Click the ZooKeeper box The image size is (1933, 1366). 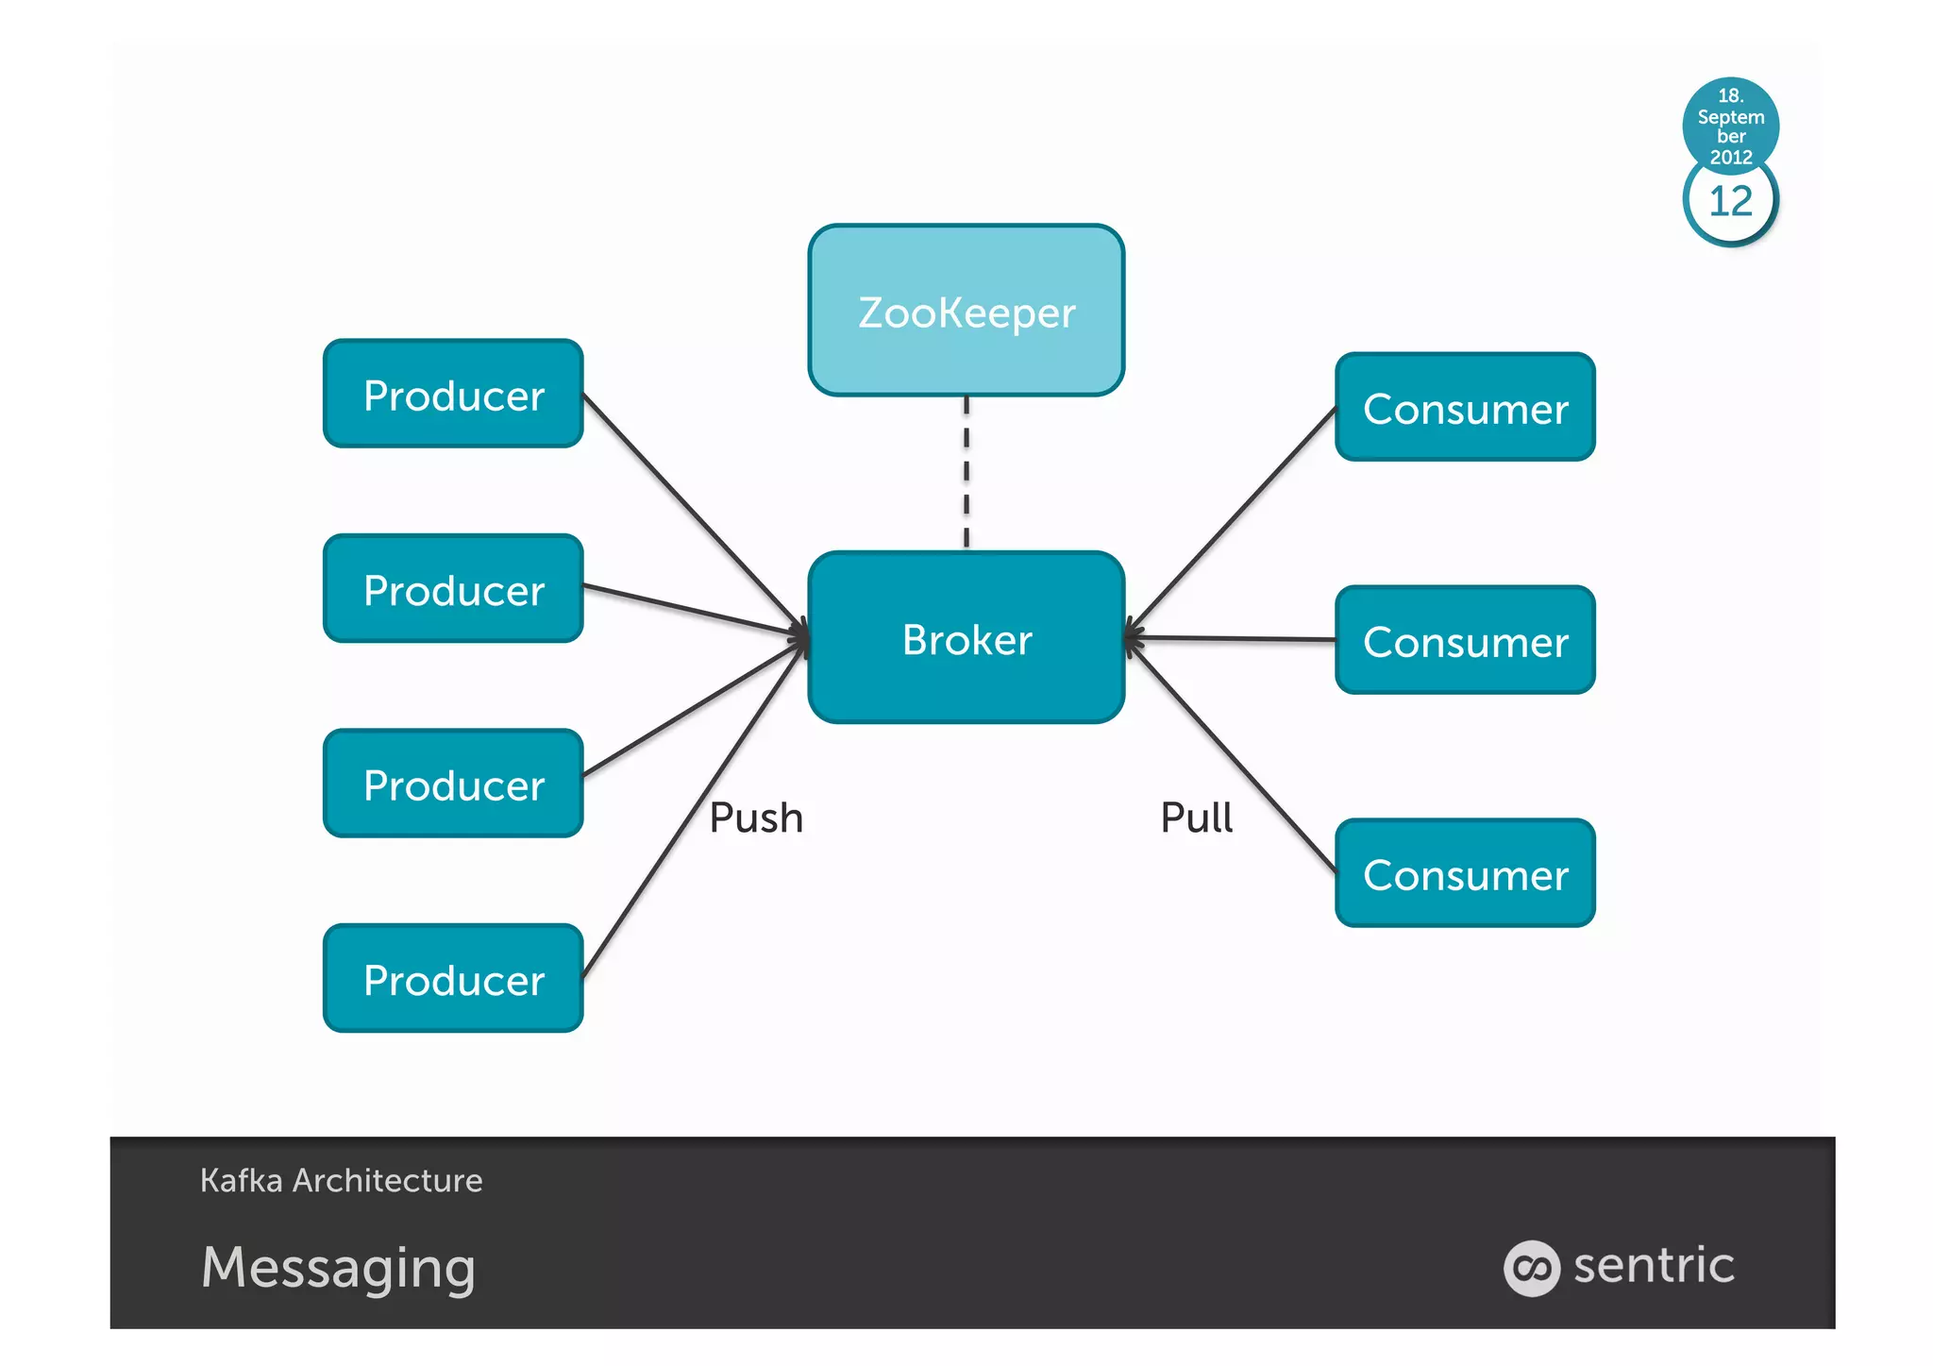click(x=966, y=311)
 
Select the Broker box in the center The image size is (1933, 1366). click(x=966, y=638)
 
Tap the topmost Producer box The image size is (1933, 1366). click(x=453, y=394)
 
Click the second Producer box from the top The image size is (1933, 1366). click(x=453, y=589)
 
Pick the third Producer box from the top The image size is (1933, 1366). click(x=453, y=784)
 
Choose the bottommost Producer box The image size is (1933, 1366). click(x=453, y=979)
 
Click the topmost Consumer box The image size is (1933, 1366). click(x=1465, y=408)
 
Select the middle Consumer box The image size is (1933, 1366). click(x=1465, y=641)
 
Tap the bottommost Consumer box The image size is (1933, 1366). click(x=1465, y=874)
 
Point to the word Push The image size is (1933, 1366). click(x=756, y=818)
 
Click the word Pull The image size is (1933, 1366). click(x=1196, y=818)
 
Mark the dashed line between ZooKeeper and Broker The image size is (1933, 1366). click(x=966, y=472)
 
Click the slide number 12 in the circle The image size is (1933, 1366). click(x=1730, y=202)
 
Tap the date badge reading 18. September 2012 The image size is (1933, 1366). click(x=1730, y=124)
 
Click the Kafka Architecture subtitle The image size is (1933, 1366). click(x=341, y=1180)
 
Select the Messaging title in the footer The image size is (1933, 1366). click(x=338, y=1267)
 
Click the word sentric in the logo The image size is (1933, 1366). click(x=1654, y=1265)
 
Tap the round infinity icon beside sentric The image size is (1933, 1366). click(x=1531, y=1268)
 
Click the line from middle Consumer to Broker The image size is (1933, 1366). click(x=1232, y=639)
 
